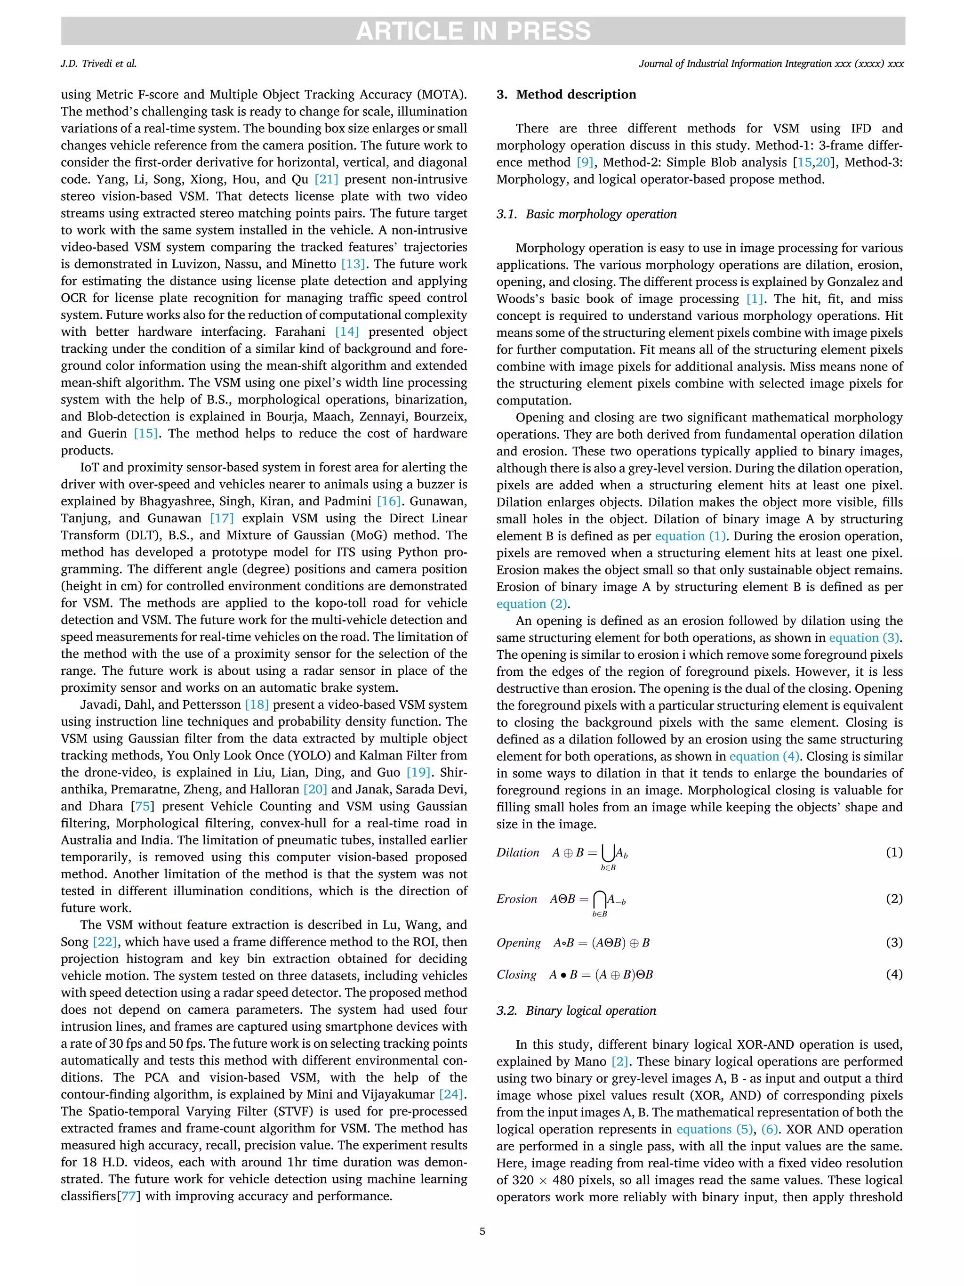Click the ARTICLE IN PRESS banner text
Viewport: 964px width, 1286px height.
(473, 31)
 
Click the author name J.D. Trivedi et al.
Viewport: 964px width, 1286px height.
(98, 64)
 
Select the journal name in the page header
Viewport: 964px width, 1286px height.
(771, 64)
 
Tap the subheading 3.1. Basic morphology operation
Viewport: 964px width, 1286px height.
(586, 214)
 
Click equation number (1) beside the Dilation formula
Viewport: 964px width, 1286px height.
(894, 852)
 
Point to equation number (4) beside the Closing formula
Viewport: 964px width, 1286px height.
(894, 974)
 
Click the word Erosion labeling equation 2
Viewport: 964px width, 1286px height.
(516, 899)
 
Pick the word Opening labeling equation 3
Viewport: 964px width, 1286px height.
(518, 942)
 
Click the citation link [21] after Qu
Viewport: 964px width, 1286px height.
(326, 179)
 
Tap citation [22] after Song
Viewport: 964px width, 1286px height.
(105, 942)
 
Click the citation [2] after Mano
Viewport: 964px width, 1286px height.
(620, 1061)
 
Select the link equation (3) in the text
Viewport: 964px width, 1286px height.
(865, 638)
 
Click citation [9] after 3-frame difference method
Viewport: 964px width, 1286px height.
(585, 162)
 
